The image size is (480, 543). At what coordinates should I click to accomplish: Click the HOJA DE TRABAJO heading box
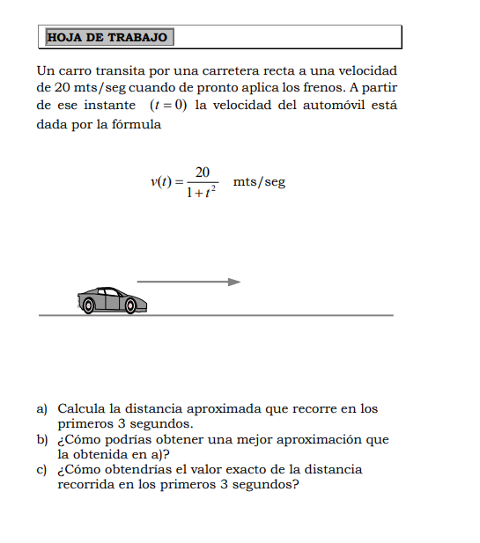[x=107, y=37]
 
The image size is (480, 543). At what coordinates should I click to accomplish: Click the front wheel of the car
[x=130, y=305]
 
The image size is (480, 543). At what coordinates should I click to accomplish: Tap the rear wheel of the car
[x=87, y=305]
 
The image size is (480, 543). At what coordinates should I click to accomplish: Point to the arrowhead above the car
[x=234, y=282]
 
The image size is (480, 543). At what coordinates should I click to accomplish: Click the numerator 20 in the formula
[x=203, y=172]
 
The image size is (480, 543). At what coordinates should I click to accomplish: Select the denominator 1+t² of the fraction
[x=203, y=194]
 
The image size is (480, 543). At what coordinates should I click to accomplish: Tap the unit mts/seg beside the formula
[x=259, y=182]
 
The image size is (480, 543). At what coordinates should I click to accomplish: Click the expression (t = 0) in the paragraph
[x=168, y=106]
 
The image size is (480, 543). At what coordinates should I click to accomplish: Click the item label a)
[x=41, y=408]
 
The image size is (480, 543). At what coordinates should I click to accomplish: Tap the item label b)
[x=41, y=439]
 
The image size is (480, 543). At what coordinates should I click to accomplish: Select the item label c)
[x=41, y=469]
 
